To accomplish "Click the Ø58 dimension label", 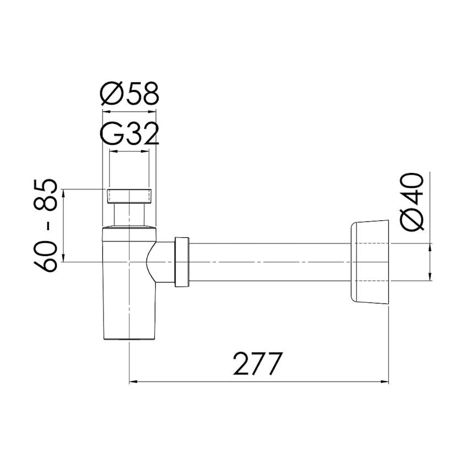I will pyautogui.click(x=129, y=94).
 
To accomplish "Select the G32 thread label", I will pyautogui.click(x=129, y=134).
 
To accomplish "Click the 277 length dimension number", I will pyautogui.click(x=258, y=363).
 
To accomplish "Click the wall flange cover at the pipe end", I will pyautogui.click(x=369, y=262).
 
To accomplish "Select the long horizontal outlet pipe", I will pyautogui.click(x=270, y=262).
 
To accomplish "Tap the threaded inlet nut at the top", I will pyautogui.click(x=129, y=196).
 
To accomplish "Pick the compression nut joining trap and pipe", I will pyautogui.click(x=182, y=262).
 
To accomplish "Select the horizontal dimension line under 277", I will pyautogui.click(x=259, y=381).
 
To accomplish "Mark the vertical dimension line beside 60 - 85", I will pyautogui.click(x=64, y=226).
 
